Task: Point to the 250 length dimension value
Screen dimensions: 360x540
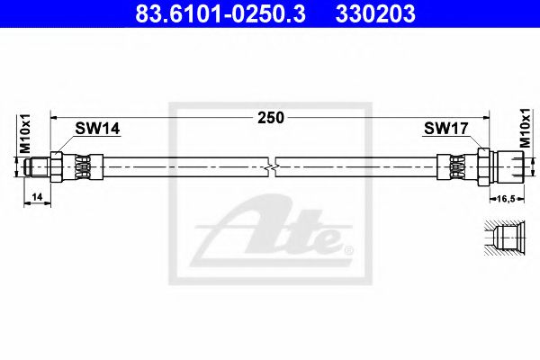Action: click(270, 117)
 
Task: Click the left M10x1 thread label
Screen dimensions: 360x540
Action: click(25, 137)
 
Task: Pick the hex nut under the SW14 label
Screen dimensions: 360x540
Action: click(58, 166)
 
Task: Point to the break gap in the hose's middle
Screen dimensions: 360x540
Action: click(271, 166)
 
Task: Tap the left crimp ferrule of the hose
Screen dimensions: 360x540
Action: click(83, 166)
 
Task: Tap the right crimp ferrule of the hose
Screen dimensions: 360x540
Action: click(455, 166)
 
